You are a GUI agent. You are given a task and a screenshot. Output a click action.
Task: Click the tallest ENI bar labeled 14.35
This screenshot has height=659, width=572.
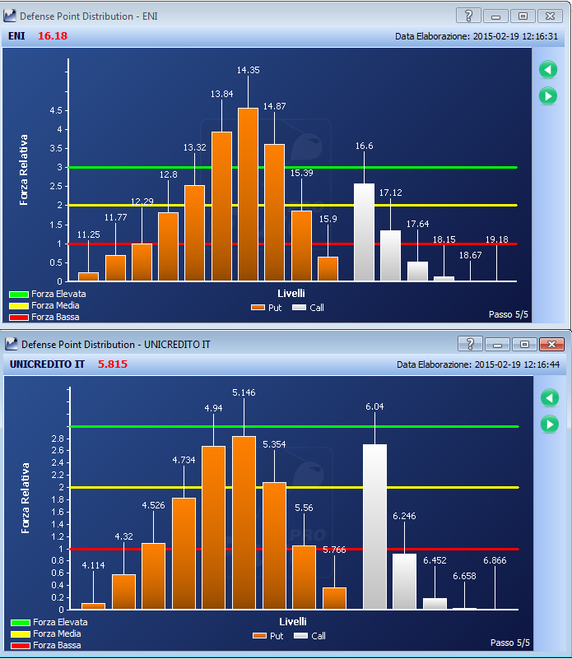click(249, 194)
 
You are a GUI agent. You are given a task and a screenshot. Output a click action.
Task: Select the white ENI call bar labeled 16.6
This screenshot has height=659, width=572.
click(365, 232)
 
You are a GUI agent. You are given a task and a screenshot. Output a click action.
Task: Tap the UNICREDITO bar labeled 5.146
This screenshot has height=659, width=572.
click(244, 522)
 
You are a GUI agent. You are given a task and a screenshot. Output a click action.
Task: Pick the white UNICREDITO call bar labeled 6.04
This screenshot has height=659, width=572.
click(374, 527)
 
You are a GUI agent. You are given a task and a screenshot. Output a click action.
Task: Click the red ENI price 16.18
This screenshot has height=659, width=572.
click(53, 35)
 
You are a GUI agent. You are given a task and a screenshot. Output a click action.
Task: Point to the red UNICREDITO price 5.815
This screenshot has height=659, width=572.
click(112, 364)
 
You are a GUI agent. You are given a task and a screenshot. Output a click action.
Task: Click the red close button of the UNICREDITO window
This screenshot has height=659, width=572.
click(551, 345)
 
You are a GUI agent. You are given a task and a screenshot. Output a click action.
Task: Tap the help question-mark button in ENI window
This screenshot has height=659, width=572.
click(468, 16)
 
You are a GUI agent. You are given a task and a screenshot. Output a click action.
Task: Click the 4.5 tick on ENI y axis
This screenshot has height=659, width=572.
click(56, 110)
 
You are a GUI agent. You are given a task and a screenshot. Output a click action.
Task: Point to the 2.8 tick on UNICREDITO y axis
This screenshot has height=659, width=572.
click(58, 439)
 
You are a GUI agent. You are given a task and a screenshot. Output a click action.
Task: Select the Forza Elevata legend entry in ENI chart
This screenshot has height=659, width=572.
click(48, 294)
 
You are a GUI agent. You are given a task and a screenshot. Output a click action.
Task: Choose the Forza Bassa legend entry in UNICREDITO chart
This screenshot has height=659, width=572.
click(46, 645)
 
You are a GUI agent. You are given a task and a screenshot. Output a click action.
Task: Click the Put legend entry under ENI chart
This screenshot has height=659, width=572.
click(266, 308)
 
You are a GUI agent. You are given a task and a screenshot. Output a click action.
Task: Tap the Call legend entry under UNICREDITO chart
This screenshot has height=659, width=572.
click(310, 636)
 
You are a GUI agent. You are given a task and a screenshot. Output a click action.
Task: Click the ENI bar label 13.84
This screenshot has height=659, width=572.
click(221, 94)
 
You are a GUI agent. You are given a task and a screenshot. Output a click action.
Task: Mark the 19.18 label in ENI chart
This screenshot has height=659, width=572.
click(497, 239)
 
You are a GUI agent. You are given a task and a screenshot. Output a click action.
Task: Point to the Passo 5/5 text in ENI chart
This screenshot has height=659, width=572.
click(508, 314)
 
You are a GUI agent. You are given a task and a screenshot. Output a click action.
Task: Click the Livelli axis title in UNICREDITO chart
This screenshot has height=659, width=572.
click(293, 622)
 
